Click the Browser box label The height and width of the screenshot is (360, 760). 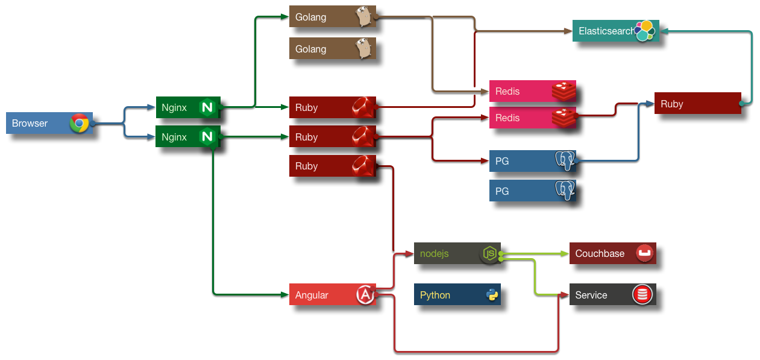coord(30,123)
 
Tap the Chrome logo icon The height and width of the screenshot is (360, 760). coord(79,123)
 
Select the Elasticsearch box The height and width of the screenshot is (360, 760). coord(606,31)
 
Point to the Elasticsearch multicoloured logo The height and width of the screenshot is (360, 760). coord(644,30)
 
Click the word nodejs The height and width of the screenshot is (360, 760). coord(434,253)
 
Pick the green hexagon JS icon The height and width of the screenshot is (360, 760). coord(490,254)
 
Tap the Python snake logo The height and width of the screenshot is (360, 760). coord(492,295)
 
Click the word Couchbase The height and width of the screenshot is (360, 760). coord(600,253)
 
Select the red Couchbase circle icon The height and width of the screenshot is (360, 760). coord(644,253)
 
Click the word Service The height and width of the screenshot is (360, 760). coord(591,295)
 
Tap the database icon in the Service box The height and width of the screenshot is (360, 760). coord(642,295)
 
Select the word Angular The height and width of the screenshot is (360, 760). coord(312,295)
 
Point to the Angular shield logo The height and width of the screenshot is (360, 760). coord(365,295)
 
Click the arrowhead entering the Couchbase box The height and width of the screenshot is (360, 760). coord(566,253)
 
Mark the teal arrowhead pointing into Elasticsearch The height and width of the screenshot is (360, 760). coord(664,31)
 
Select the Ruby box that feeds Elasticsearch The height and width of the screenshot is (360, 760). coord(697,104)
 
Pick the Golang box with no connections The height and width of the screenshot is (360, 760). coord(332,49)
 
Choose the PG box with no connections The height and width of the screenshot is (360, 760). coord(532,191)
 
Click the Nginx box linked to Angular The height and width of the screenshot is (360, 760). coord(187,137)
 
